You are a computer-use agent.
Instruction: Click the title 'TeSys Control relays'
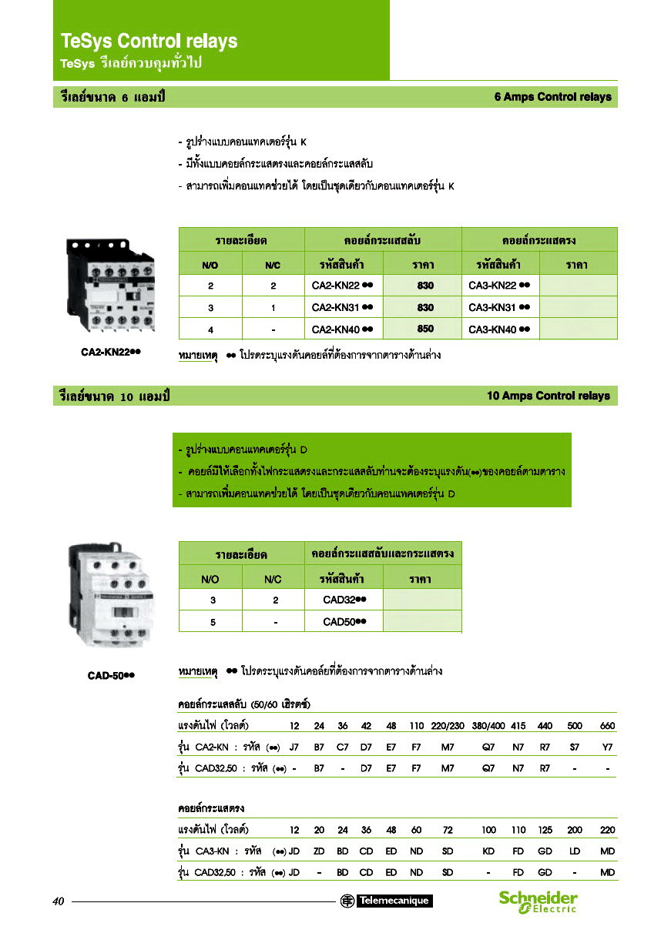149,41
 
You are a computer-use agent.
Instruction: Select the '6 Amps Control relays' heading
552,97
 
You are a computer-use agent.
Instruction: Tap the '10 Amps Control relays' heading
548,396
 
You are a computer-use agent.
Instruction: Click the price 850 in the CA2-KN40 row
425,329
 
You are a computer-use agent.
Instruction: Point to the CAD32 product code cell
344,600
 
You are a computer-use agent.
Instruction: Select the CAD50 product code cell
344,621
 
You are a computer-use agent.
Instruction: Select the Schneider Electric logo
538,901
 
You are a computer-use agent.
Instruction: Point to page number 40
59,901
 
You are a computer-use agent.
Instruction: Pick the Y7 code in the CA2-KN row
607,747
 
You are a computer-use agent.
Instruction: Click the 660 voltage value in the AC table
607,726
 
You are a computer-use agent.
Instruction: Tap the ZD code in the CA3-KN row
319,851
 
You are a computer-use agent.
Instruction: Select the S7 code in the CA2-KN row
575,747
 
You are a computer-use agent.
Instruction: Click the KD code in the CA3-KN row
488,851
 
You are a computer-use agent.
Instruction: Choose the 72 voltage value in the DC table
448,831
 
